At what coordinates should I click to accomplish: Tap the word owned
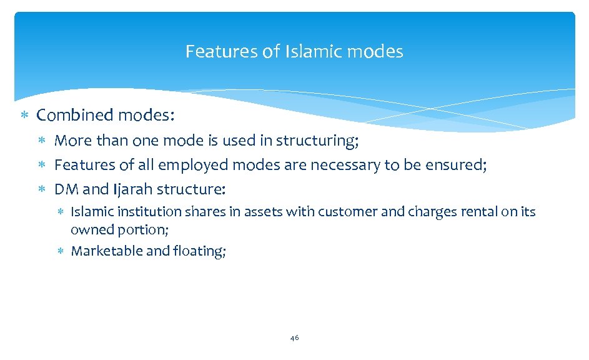(x=89, y=229)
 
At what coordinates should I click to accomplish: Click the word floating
(x=203, y=251)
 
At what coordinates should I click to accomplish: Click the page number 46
(x=294, y=338)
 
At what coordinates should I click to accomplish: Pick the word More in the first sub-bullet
(x=72, y=141)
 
